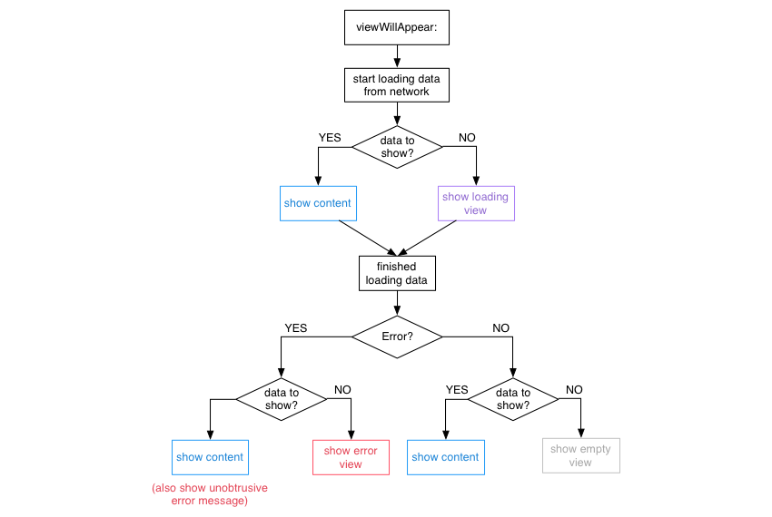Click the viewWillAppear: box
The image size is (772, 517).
click(396, 27)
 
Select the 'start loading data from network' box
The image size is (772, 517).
click(396, 85)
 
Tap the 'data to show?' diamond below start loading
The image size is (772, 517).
click(396, 147)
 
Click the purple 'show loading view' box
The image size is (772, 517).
click(476, 203)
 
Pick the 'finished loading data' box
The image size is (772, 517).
click(396, 274)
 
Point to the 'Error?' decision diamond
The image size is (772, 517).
click(396, 337)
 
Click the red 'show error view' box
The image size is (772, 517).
click(351, 457)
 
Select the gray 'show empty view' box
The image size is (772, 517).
click(580, 455)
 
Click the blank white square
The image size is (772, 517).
click(208, 310)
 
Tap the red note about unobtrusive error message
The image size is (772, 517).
click(209, 494)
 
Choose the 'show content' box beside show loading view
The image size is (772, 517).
click(317, 203)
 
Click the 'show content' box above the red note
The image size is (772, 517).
click(210, 457)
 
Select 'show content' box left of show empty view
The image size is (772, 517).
click(445, 457)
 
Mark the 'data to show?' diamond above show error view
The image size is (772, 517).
click(281, 399)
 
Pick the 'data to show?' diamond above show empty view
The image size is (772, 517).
click(512, 399)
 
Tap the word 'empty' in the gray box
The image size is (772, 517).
click(596, 449)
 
